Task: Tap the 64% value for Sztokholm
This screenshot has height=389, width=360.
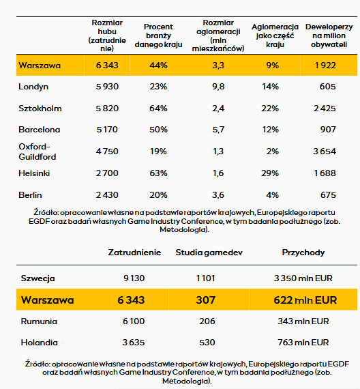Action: pyautogui.click(x=158, y=108)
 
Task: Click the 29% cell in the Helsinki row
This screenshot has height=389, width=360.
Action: pyautogui.click(x=271, y=173)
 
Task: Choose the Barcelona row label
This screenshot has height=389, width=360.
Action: pyautogui.click(x=40, y=129)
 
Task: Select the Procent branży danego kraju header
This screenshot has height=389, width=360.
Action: pyautogui.click(x=158, y=35)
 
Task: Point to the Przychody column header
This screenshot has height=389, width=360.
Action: pyautogui.click(x=303, y=253)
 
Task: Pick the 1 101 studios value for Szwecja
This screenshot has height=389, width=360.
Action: pyautogui.click(x=205, y=278)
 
